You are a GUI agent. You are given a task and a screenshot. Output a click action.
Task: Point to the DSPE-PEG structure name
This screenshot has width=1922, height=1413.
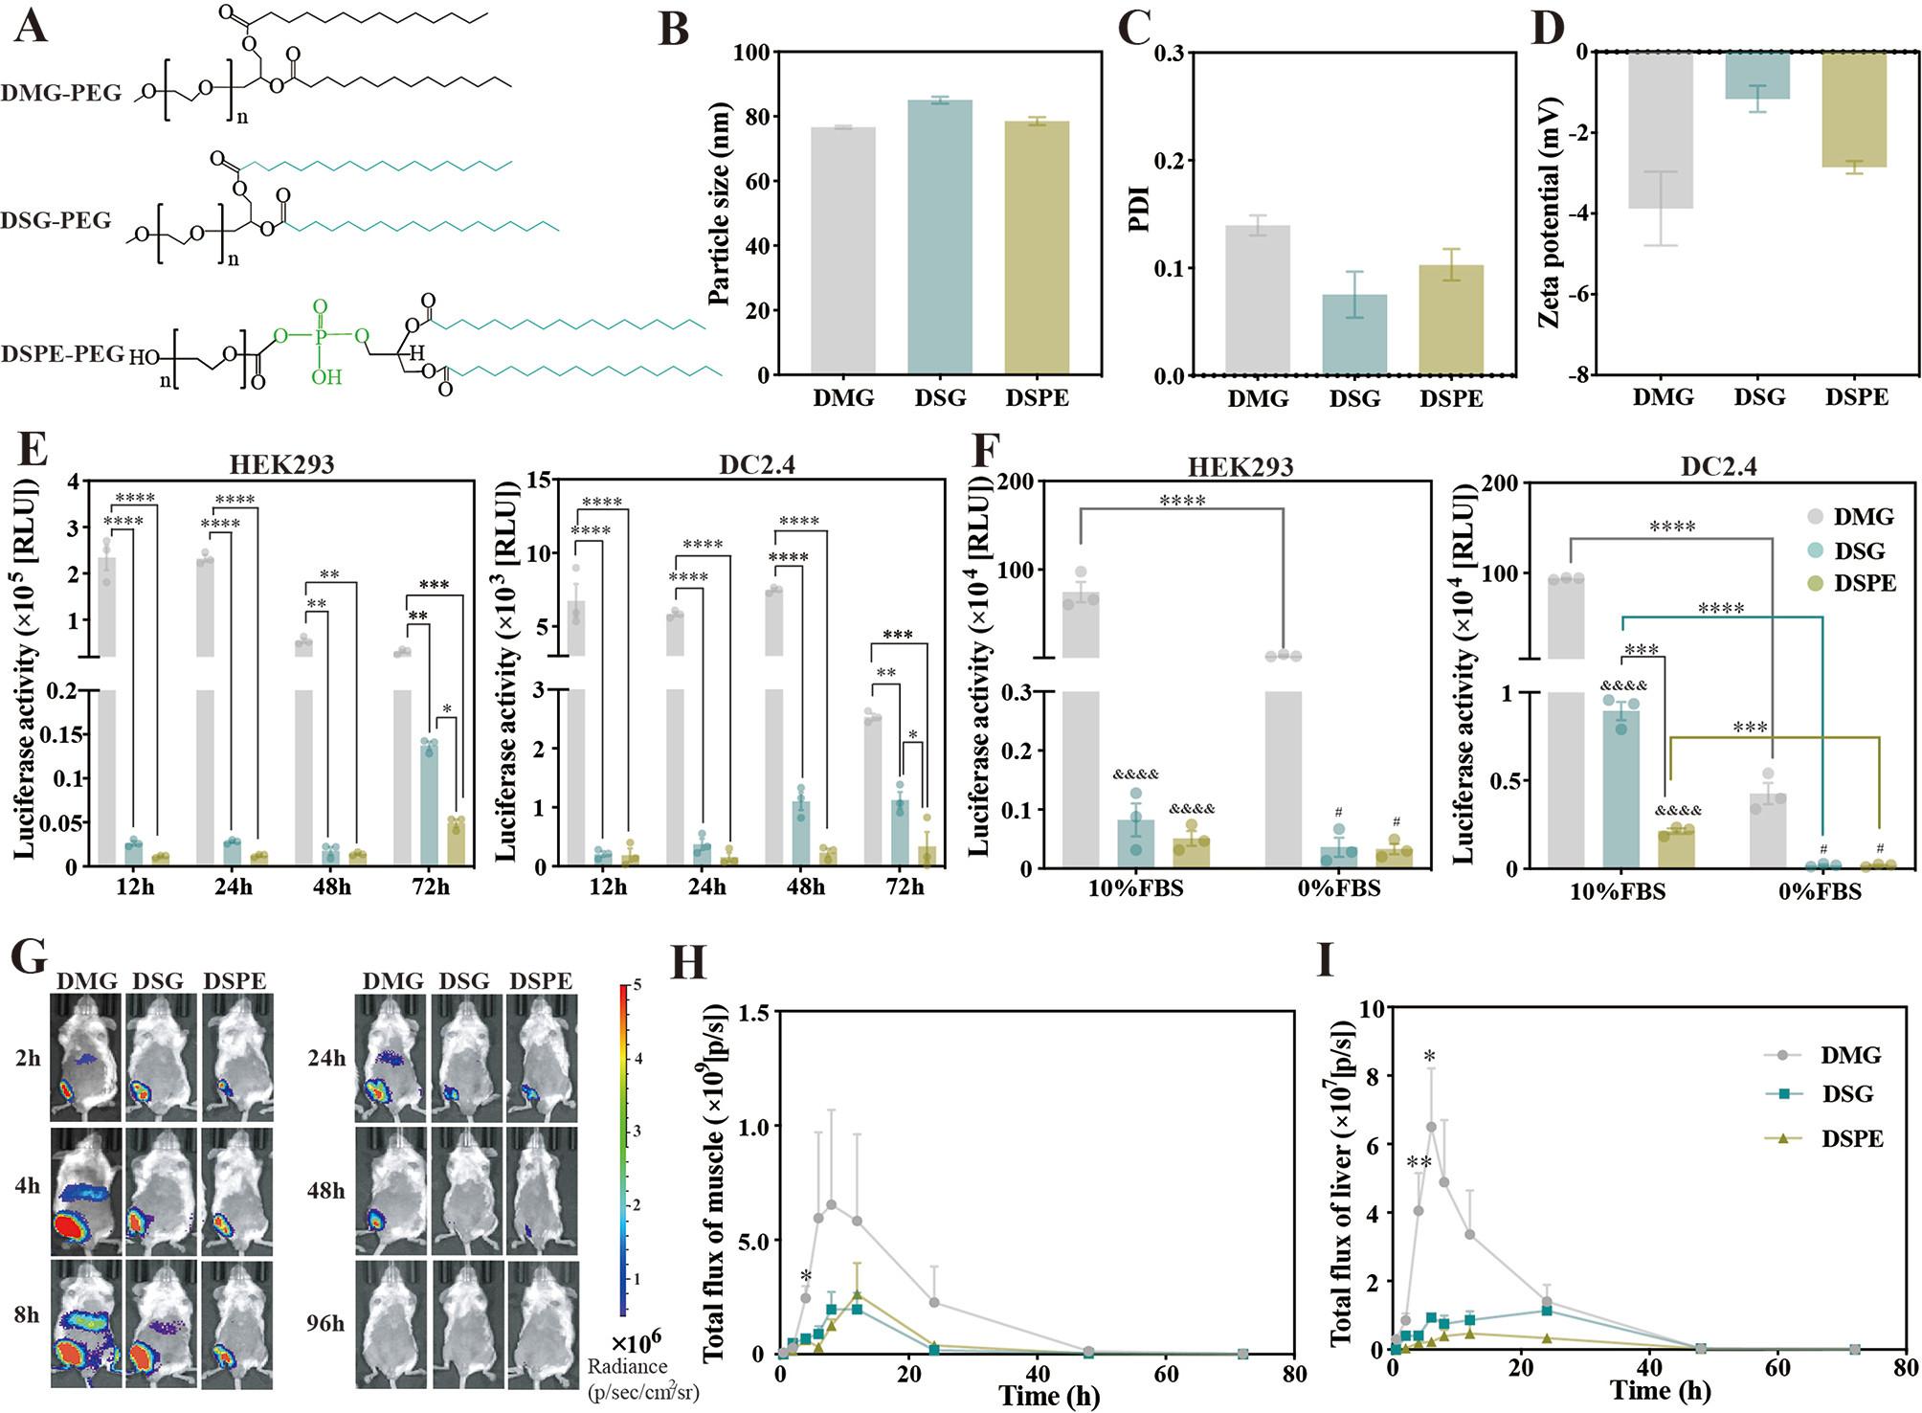[x=62, y=354]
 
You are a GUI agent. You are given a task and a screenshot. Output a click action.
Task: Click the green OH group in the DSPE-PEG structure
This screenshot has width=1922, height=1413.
[x=326, y=377]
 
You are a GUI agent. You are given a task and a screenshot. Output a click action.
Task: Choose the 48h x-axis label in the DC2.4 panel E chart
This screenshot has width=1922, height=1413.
[x=805, y=886]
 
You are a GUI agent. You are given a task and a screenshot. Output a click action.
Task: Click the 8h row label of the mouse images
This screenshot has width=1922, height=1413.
[x=27, y=1314]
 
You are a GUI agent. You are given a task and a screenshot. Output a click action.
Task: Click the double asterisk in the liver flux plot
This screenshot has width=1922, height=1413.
[x=1419, y=1162]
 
